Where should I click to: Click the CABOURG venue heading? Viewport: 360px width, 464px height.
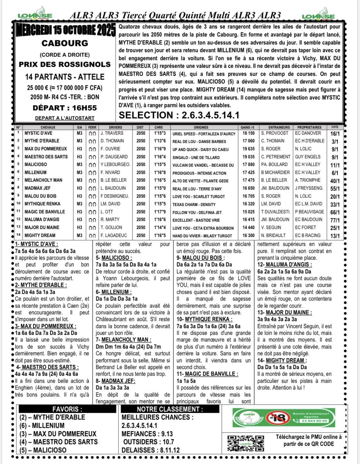click(65, 43)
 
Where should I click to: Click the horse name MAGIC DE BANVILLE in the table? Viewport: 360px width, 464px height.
click(45, 212)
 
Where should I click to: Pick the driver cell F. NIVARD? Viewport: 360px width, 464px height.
click(110, 172)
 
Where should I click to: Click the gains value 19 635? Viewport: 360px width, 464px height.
click(249, 149)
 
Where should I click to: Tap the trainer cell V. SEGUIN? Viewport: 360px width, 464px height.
click(271, 227)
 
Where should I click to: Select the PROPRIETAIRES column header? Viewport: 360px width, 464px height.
click(309, 127)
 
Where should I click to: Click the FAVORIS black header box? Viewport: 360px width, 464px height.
click(67, 409)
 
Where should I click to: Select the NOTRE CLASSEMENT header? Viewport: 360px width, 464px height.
click(170, 409)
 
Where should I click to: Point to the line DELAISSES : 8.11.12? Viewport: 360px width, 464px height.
click(150, 450)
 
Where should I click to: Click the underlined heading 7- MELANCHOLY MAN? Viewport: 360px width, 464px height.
click(124, 340)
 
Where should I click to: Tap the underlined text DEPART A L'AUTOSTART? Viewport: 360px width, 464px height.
click(65, 118)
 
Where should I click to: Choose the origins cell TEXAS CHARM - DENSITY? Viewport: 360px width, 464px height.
click(194, 204)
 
